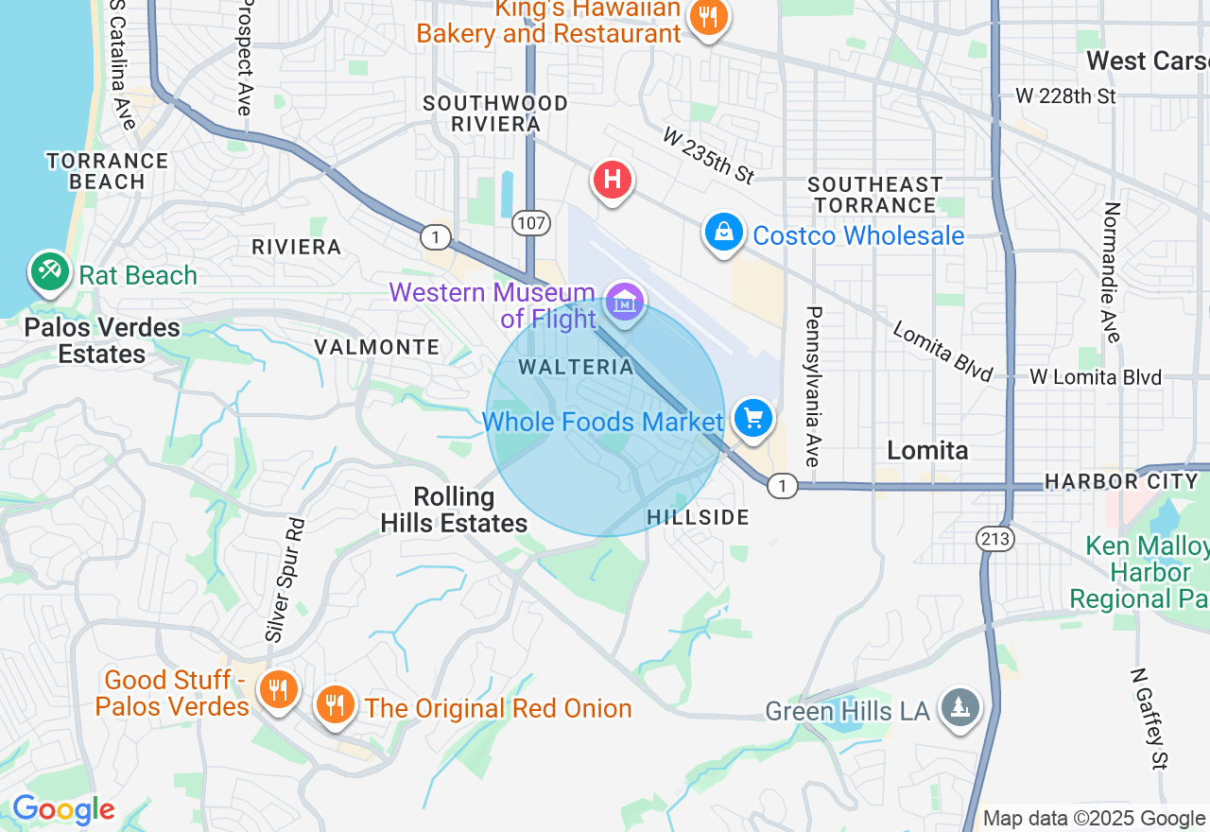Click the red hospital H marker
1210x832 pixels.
coord(613,179)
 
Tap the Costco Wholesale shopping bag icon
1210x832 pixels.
coord(723,232)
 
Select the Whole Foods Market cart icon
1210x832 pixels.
coord(753,417)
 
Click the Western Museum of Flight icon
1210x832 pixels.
coord(624,302)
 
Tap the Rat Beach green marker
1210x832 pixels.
coord(48,272)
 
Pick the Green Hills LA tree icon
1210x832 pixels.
coord(960,708)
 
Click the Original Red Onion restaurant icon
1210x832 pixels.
coord(334,704)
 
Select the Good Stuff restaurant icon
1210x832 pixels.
coord(277,689)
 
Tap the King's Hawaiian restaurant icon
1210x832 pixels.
coord(707,17)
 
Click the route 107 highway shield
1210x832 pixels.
coord(530,223)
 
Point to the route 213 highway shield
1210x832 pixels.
coord(996,539)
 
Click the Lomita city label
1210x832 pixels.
coord(927,450)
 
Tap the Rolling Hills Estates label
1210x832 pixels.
coord(454,510)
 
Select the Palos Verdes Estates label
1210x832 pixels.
coord(102,340)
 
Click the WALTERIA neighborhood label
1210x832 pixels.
coord(575,367)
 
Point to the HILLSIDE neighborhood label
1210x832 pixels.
coord(699,517)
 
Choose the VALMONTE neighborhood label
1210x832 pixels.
coord(377,347)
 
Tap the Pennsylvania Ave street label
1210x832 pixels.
coord(813,386)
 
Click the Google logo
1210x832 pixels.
coord(63,810)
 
